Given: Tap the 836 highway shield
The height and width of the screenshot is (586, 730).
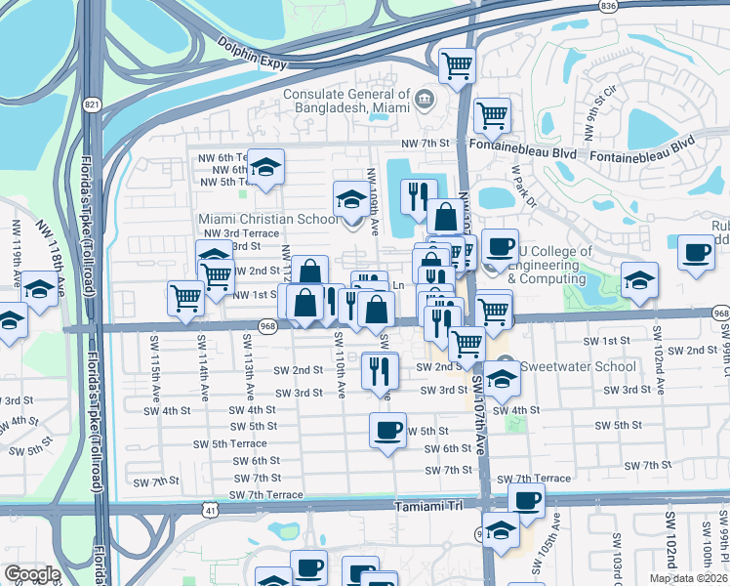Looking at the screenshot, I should click(x=609, y=6).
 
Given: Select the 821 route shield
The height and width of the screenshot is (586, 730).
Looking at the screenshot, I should click(x=92, y=104).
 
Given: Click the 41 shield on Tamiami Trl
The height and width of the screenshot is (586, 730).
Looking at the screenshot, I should click(x=211, y=509).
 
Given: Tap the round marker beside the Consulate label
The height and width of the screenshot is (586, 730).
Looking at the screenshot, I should click(x=424, y=98).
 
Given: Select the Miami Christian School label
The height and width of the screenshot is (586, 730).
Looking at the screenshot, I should click(x=268, y=219).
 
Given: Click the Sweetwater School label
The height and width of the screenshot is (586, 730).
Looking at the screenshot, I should click(x=579, y=367).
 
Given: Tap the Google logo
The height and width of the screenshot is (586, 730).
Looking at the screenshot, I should click(x=32, y=573).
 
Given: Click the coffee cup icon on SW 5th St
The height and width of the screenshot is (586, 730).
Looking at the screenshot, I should click(x=388, y=431).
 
